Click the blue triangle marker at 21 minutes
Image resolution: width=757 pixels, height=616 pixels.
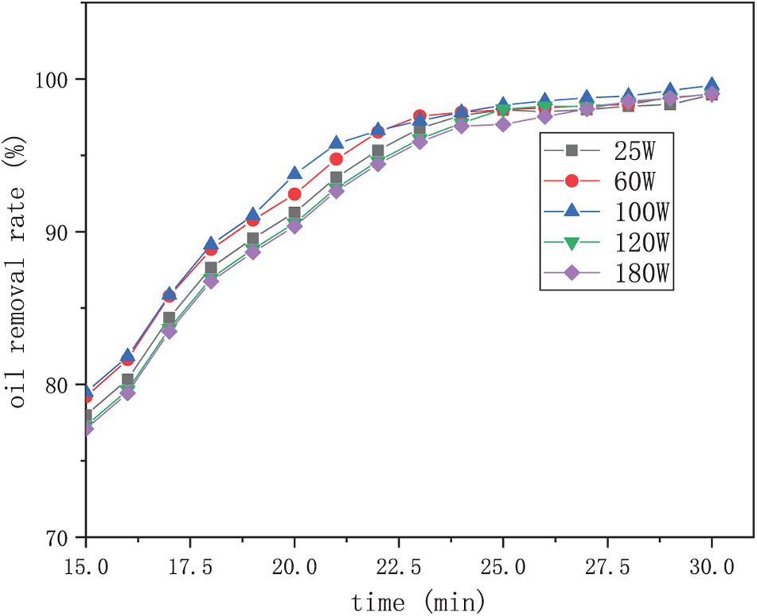click(x=336, y=143)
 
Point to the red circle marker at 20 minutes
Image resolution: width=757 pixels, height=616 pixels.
click(x=295, y=194)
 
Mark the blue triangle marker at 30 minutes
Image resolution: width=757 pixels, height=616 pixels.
click(x=712, y=86)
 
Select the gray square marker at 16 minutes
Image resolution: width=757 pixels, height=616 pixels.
click(x=127, y=380)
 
